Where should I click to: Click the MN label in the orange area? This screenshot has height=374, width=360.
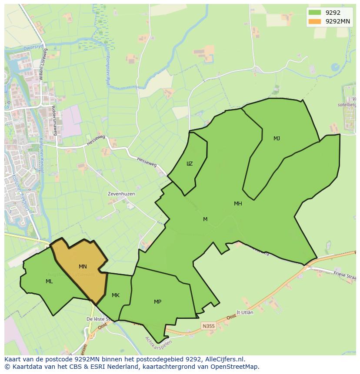click(83, 267)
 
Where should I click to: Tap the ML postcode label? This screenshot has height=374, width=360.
click(49, 281)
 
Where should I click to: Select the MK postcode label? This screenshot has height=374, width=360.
click(115, 295)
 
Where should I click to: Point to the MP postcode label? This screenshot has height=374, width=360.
click(157, 301)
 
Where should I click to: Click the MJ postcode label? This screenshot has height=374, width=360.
click(277, 139)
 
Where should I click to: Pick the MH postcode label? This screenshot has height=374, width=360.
click(238, 203)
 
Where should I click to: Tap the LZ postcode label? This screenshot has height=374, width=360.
click(190, 164)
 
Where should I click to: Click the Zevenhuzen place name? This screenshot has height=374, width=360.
click(121, 194)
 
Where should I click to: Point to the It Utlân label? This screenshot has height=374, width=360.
click(244, 312)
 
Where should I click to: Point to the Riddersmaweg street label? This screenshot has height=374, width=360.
click(55, 120)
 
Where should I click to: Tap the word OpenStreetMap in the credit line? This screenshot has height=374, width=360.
click(237, 366)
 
